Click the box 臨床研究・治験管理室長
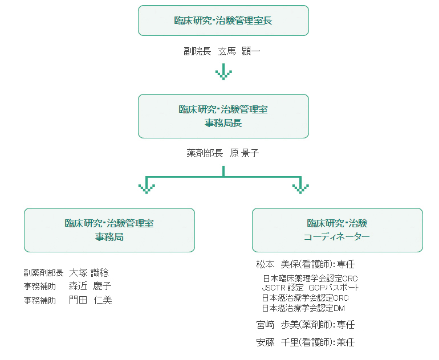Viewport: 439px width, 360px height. (x=223, y=21)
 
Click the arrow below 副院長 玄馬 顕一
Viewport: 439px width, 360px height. (x=223, y=72)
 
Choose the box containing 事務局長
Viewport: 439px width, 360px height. (x=223, y=116)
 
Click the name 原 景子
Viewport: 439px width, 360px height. (x=244, y=153)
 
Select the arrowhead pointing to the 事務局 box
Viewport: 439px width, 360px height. (x=147, y=187)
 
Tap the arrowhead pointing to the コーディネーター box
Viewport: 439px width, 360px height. (x=300, y=187)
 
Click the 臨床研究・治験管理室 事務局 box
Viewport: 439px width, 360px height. (x=109, y=230)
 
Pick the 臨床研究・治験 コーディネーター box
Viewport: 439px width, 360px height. (x=337, y=230)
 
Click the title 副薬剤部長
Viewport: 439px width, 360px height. (x=43, y=273)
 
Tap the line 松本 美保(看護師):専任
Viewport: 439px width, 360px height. (x=306, y=265)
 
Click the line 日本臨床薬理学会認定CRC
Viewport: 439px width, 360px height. (x=310, y=279)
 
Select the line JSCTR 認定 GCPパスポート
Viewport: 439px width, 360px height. (x=310, y=288)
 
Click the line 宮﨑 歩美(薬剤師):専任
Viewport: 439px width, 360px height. (x=306, y=325)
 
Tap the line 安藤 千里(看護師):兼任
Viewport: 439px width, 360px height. (x=306, y=342)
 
